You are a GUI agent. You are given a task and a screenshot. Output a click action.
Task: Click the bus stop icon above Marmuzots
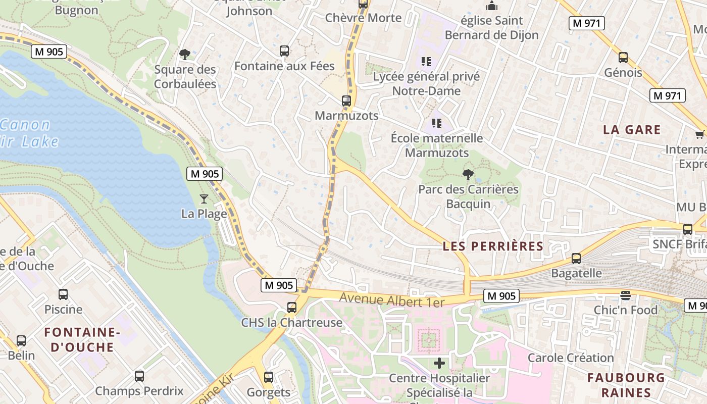pyautogui.click(x=346, y=100)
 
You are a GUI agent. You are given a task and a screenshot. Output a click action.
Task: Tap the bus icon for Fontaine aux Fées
pyautogui.click(x=284, y=51)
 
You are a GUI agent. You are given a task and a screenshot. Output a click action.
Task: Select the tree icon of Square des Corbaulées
pyautogui.click(x=185, y=54)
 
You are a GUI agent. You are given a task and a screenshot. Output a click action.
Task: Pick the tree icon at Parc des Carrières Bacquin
pyautogui.click(x=468, y=175)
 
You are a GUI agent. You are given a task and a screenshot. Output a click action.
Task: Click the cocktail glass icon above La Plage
pyautogui.click(x=204, y=198)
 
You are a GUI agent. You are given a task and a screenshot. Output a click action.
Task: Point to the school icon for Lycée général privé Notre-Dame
pyautogui.click(x=426, y=62)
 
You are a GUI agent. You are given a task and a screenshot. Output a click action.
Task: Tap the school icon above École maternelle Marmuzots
pyautogui.click(x=437, y=123)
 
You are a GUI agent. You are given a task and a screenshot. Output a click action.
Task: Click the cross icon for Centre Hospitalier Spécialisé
pyautogui.click(x=439, y=363)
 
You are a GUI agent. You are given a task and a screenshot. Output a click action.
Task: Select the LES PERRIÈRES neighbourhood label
pyautogui.click(x=492, y=246)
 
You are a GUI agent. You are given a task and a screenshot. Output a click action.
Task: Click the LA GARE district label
pyautogui.click(x=632, y=130)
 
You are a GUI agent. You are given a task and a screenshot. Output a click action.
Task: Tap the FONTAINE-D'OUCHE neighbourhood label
pyautogui.click(x=81, y=339)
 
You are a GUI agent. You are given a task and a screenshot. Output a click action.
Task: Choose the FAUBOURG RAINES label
pyautogui.click(x=626, y=385)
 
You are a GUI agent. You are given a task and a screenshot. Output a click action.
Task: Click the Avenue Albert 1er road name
pyautogui.click(x=391, y=299)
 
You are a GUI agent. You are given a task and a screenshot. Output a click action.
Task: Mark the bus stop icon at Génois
pyautogui.click(x=623, y=58)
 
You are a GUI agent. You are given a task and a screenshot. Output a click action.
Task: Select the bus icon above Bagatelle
pyautogui.click(x=576, y=259)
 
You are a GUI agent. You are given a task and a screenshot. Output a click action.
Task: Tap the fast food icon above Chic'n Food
pyautogui.click(x=626, y=295)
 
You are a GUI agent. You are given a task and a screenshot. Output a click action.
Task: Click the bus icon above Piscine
pyautogui.click(x=63, y=294)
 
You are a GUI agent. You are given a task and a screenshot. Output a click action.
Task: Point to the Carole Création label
pyautogui.click(x=571, y=358)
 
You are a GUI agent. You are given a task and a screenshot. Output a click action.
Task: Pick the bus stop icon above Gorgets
pyautogui.click(x=269, y=377)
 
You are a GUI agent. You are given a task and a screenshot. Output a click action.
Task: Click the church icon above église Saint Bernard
pyautogui.click(x=491, y=6)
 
